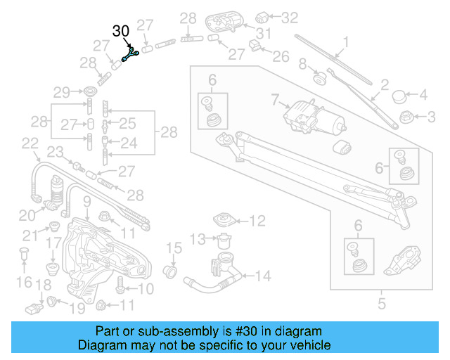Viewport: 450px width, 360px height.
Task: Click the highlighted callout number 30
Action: [x=121, y=32]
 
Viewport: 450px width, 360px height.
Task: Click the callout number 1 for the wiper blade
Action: [x=345, y=40]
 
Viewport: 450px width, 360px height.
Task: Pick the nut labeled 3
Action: [x=405, y=115]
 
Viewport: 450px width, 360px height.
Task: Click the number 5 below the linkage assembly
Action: [x=382, y=304]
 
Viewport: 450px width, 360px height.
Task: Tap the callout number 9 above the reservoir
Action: [x=86, y=204]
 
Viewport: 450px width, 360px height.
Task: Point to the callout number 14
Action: [x=262, y=276]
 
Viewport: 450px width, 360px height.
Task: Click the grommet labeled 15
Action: [x=169, y=271]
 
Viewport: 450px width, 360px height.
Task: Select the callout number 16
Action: [x=25, y=282]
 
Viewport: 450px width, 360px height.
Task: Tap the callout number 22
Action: [x=30, y=143]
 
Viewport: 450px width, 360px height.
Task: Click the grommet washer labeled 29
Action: [x=90, y=92]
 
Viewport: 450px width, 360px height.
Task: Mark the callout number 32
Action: [x=290, y=16]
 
